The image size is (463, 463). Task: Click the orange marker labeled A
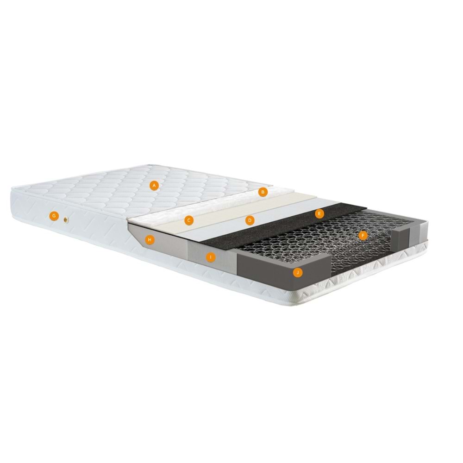pyautogui.click(x=155, y=185)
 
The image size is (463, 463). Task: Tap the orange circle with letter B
pyautogui.click(x=263, y=191)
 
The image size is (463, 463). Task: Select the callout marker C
pyautogui.click(x=189, y=220)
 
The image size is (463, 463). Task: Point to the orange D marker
pyautogui.click(x=250, y=220)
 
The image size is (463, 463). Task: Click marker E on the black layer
pyautogui.click(x=318, y=213)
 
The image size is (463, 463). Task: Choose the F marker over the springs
pyautogui.click(x=363, y=236)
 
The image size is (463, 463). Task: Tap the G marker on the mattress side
pyautogui.click(x=54, y=215)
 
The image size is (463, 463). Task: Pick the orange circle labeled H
pyautogui.click(x=149, y=239)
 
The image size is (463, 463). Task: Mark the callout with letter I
pyautogui.click(x=210, y=257)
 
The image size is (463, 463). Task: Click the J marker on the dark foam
pyautogui.click(x=298, y=273)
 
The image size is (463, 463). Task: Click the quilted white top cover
pyautogui.click(x=116, y=190)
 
